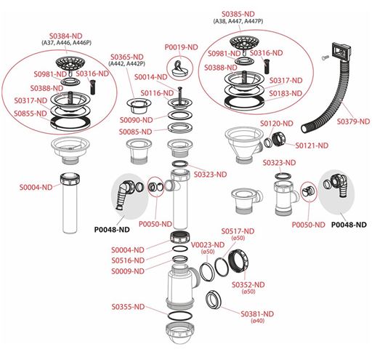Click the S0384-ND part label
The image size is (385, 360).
tap(66, 36)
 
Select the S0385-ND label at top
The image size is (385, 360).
tap(238, 14)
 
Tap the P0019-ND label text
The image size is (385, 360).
tap(181, 47)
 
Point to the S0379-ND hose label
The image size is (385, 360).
tap(353, 121)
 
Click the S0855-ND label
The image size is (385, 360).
tap(31, 113)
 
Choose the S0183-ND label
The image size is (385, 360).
tap(285, 93)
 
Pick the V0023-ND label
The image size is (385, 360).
tap(208, 245)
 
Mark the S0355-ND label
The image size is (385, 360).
tap(128, 307)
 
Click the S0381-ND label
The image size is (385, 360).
tap(257, 313)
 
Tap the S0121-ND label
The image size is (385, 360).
tap(312, 145)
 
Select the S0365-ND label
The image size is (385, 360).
tap(126, 57)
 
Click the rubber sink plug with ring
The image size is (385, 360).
tap(180, 69)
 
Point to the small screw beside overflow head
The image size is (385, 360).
tap(325, 57)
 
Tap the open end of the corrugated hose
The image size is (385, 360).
tap(304, 128)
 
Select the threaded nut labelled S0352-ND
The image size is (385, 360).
tap(238, 260)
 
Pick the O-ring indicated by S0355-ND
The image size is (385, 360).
tap(179, 316)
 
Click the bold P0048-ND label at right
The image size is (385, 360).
tap(349, 225)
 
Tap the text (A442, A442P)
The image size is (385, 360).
tap(126, 64)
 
